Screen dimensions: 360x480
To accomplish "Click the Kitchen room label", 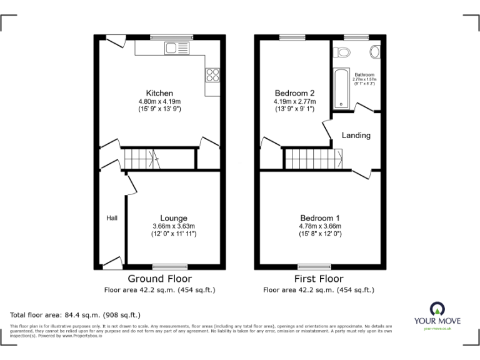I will [x=159, y=93].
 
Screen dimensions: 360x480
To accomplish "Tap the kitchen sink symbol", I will [x=176, y=48].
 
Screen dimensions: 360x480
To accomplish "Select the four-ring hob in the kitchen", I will [x=212, y=75].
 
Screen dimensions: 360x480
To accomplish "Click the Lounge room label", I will [x=173, y=218].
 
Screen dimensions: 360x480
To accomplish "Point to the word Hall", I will [x=112, y=217].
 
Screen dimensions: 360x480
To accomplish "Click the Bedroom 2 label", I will [x=294, y=93].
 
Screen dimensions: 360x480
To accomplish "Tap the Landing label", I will [x=356, y=135].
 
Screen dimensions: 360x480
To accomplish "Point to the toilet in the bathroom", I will [x=341, y=52].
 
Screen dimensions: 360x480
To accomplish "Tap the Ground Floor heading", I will [x=159, y=279].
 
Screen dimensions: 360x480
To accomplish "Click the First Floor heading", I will [x=319, y=279].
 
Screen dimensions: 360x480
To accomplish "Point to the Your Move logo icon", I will [x=437, y=309].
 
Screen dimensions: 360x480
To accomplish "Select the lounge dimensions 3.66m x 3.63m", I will [x=173, y=226].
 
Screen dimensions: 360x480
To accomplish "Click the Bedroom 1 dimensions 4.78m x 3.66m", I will [x=319, y=226].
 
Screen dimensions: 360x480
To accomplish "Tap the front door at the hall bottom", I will [x=112, y=262].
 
